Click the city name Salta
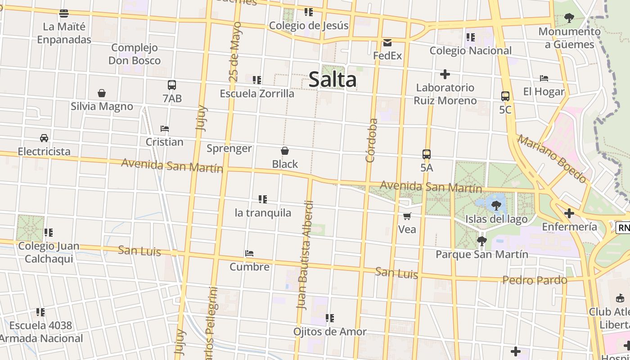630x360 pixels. pyautogui.click(x=333, y=80)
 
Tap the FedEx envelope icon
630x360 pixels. pyautogui.click(x=387, y=43)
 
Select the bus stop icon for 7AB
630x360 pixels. pyautogui.click(x=172, y=85)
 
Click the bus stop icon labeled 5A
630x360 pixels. pyautogui.click(x=427, y=154)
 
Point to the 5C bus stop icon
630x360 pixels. pyautogui.click(x=505, y=96)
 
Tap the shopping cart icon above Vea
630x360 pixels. pyautogui.click(x=407, y=216)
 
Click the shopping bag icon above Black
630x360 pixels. pyautogui.click(x=285, y=151)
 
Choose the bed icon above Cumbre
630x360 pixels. pyautogui.click(x=249, y=253)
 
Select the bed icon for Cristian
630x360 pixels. pyautogui.click(x=165, y=129)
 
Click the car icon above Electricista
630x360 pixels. pyautogui.click(x=44, y=138)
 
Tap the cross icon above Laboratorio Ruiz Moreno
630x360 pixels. pyautogui.click(x=445, y=74)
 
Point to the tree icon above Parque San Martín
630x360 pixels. pyautogui.click(x=481, y=241)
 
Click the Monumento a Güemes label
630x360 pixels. pyautogui.click(x=569, y=38)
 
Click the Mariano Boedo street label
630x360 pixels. pyautogui.click(x=552, y=158)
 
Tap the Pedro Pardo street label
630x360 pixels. pyautogui.click(x=535, y=280)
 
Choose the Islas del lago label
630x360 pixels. pyautogui.click(x=496, y=219)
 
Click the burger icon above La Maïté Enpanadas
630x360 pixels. pyautogui.click(x=64, y=13)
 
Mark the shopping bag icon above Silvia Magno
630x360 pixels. pyautogui.click(x=102, y=93)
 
